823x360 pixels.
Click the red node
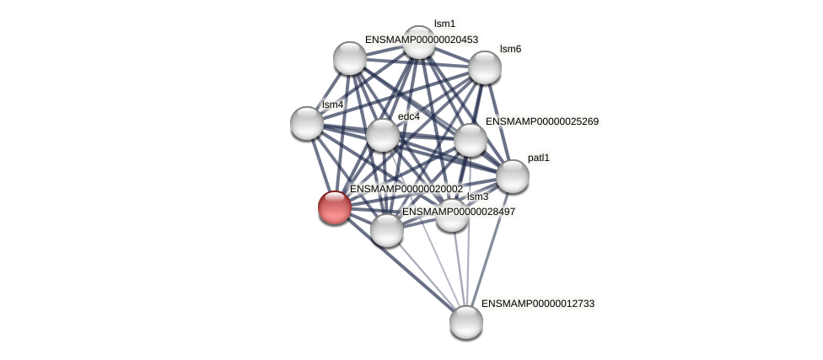point(334,207)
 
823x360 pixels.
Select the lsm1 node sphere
point(418,42)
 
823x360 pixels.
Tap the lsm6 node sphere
point(485,67)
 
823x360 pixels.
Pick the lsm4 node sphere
point(307,123)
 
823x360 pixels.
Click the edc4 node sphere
point(383,136)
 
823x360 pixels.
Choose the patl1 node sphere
point(513,176)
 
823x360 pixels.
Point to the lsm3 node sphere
point(452,215)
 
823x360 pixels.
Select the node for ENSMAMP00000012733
point(466,322)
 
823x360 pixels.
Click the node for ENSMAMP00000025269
point(471,140)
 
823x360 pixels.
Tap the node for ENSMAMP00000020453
point(350,58)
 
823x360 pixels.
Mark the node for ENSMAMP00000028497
point(387,230)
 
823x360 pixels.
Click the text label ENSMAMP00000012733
point(538,304)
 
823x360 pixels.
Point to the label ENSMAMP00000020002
point(406,189)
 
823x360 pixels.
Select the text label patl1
point(539,158)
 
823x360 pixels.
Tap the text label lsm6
point(510,49)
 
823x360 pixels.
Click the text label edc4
point(409,116)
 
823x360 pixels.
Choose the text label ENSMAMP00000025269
point(542,121)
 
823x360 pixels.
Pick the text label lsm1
point(444,24)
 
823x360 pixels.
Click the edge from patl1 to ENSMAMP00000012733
point(489,250)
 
